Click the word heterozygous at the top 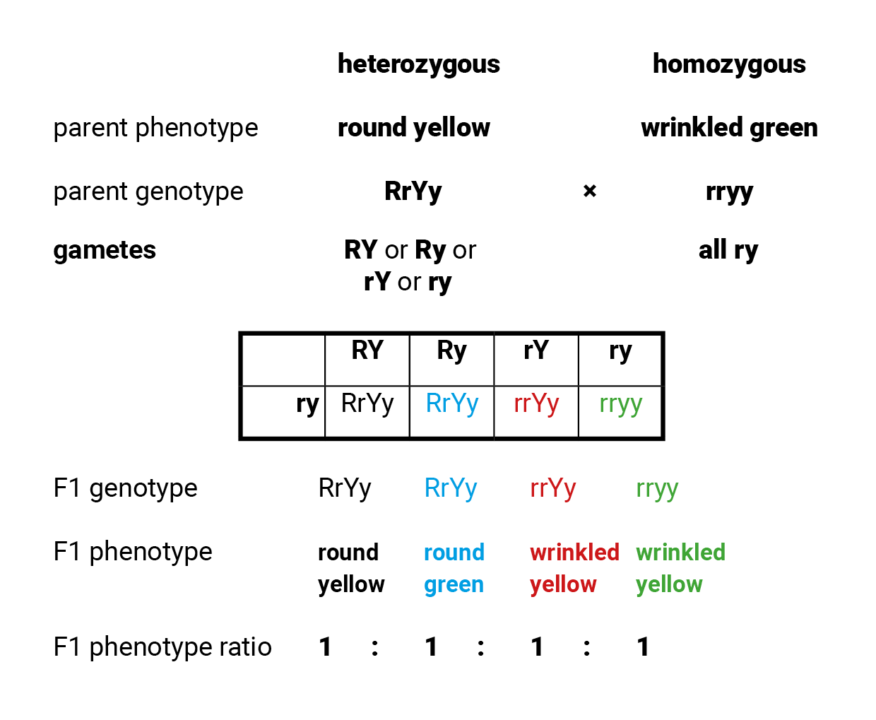418,64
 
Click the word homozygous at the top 728,64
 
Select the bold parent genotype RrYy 413,191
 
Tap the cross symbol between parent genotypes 590,191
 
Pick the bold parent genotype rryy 729,191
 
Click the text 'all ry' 728,250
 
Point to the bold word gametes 105,250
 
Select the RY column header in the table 367,350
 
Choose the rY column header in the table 536,350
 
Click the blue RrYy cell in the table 452,403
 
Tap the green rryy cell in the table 620,404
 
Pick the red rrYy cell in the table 536,403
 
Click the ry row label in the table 307,405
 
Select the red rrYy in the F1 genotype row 552,488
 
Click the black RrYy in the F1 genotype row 345,488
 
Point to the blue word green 454,585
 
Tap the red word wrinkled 574,552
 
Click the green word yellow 669,585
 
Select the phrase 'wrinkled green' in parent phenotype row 729,128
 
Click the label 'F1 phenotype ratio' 162,647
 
